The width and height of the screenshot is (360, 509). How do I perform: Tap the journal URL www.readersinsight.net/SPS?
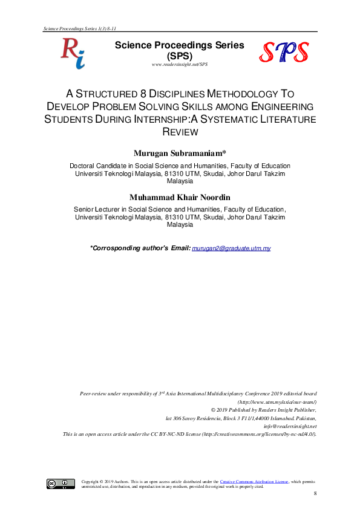click(180, 65)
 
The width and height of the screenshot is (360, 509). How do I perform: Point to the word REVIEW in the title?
click(180, 132)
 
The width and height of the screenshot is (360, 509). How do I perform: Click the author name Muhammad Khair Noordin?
click(180, 197)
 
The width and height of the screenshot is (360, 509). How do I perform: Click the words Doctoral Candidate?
click(94, 166)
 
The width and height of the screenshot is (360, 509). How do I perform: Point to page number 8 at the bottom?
click(315, 494)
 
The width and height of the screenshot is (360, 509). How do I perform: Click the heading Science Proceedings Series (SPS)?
click(180, 50)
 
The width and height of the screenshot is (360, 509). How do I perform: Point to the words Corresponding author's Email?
click(140, 248)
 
